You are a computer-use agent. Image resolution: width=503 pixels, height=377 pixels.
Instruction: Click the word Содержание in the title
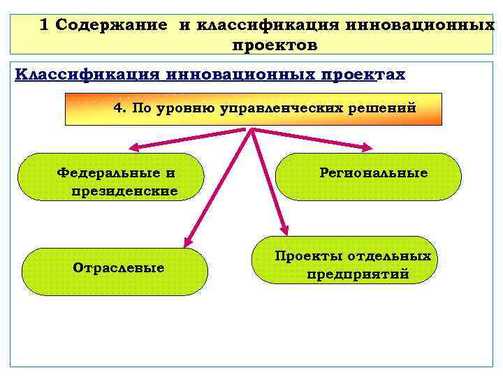click(111, 25)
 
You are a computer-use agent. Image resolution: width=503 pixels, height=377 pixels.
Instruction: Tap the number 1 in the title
click(45, 25)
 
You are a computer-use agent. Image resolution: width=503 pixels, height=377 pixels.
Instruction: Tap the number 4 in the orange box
click(118, 108)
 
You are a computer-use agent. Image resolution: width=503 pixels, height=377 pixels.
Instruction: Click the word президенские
click(124, 190)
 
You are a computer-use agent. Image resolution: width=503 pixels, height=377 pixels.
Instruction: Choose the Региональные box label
click(373, 172)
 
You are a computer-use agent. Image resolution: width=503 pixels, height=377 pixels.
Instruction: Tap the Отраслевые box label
click(118, 267)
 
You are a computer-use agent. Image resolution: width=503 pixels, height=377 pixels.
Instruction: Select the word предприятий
click(358, 274)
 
